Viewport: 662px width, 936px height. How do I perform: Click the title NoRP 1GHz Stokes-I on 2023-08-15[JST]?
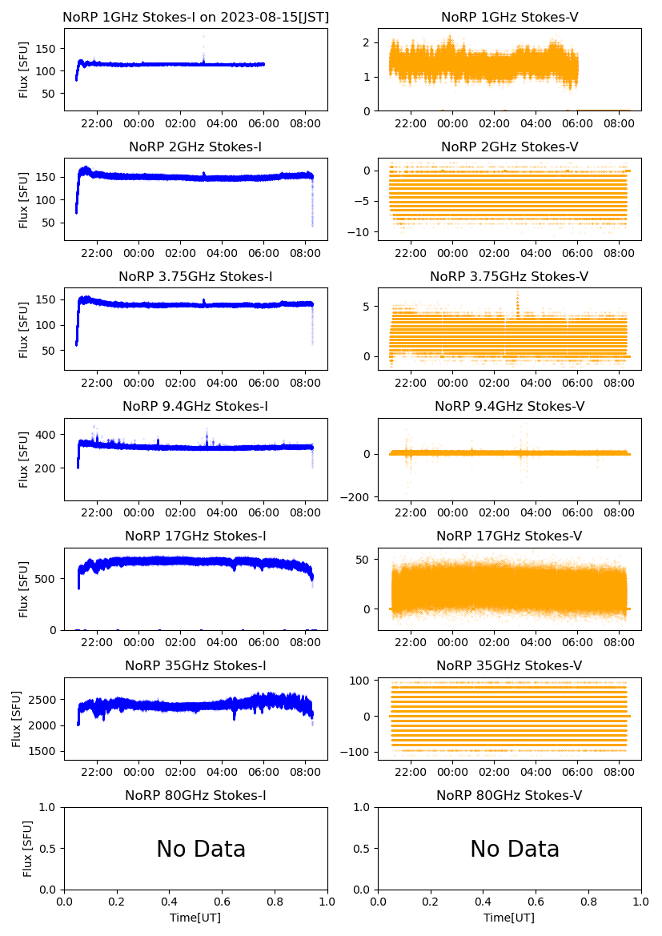(x=195, y=17)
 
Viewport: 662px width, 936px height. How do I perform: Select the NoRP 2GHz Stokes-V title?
(x=509, y=147)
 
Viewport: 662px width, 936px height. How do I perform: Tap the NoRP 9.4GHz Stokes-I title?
(x=195, y=406)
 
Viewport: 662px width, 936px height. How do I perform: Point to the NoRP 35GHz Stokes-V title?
(x=509, y=665)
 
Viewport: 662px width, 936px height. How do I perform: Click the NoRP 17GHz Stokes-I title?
(x=195, y=536)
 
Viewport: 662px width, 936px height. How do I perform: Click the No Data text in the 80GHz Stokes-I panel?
(x=201, y=849)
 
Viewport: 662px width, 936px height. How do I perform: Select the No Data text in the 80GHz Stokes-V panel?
(x=515, y=849)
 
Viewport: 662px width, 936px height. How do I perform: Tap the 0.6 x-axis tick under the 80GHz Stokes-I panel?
(x=222, y=902)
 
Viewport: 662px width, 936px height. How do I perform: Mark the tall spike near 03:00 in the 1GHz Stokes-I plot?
(x=203, y=38)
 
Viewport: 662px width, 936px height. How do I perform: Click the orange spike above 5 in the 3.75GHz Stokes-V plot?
(x=518, y=298)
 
